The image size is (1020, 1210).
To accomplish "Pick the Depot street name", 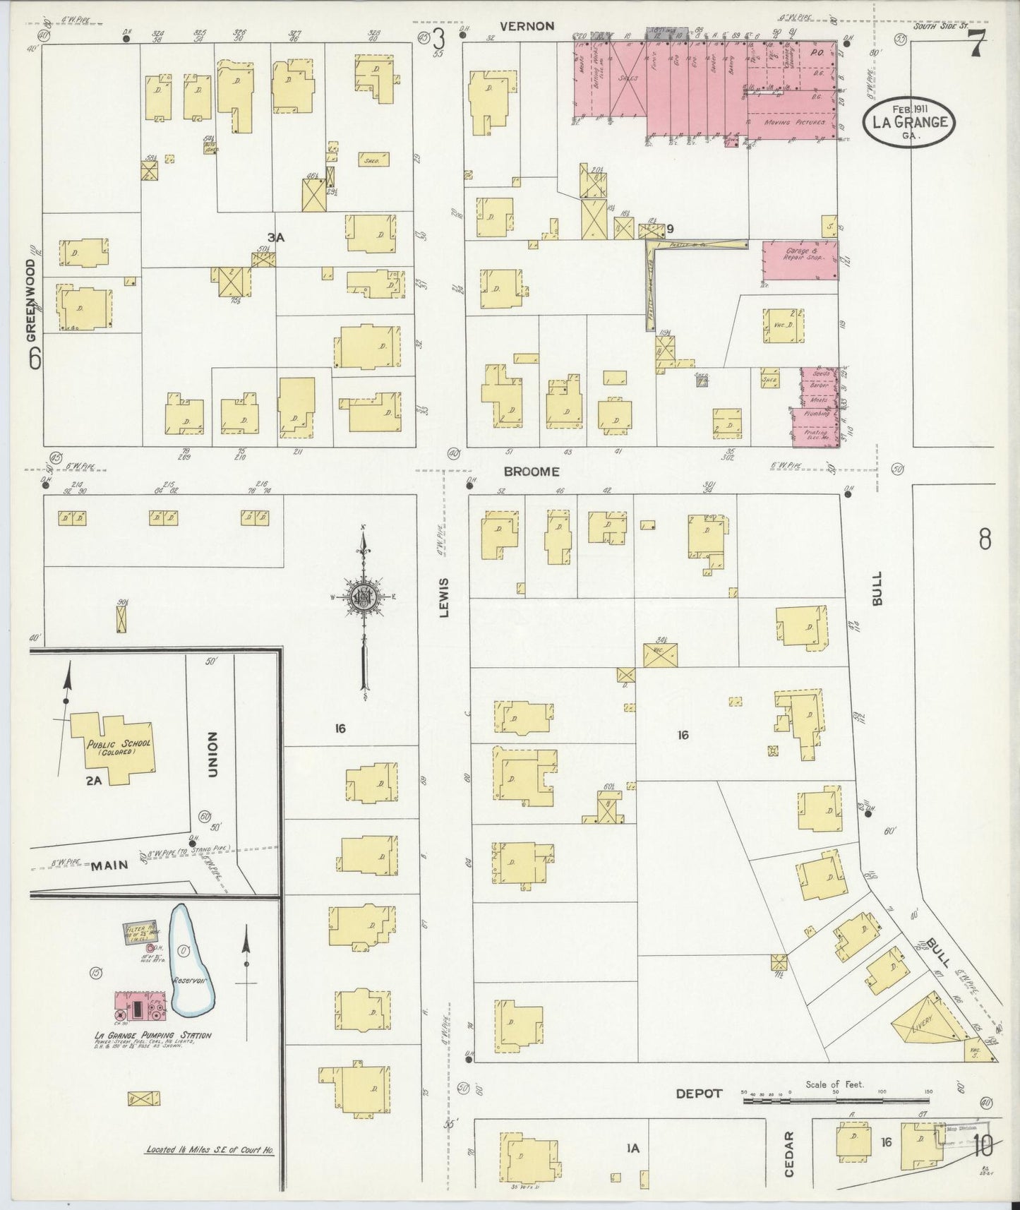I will point(699,1094).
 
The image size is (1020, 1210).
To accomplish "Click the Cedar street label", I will point(789,1154).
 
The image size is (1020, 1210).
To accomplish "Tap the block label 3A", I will point(275,238).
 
